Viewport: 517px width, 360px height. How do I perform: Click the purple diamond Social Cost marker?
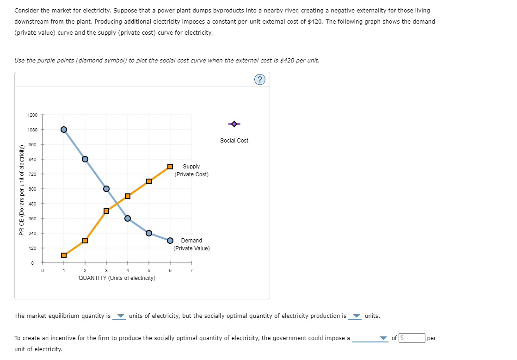tap(234, 124)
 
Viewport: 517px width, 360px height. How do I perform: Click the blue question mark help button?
tap(260, 80)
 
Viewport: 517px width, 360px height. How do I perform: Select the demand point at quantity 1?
tap(64, 129)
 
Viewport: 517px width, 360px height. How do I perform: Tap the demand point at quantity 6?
tap(170, 240)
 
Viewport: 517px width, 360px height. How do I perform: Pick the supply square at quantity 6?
tap(170, 166)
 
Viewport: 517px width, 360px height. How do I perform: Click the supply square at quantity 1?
tap(64, 255)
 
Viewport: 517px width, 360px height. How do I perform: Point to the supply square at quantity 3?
tap(106, 211)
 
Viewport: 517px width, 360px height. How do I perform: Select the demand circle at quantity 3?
tap(106, 188)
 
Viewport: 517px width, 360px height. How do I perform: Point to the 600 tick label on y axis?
tap(32, 189)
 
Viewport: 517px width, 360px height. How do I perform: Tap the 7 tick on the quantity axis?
tap(191, 271)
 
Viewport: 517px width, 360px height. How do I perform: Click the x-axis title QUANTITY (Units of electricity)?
tap(117, 278)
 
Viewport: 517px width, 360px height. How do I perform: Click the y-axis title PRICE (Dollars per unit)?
tap(21, 189)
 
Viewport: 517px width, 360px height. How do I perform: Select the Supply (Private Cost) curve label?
tap(191, 170)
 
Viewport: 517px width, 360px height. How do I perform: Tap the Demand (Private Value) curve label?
tap(191, 244)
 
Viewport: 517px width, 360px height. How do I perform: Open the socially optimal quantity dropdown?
tap(356, 317)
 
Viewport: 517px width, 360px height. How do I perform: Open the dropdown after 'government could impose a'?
tap(369, 338)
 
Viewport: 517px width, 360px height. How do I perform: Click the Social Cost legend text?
tap(234, 141)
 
